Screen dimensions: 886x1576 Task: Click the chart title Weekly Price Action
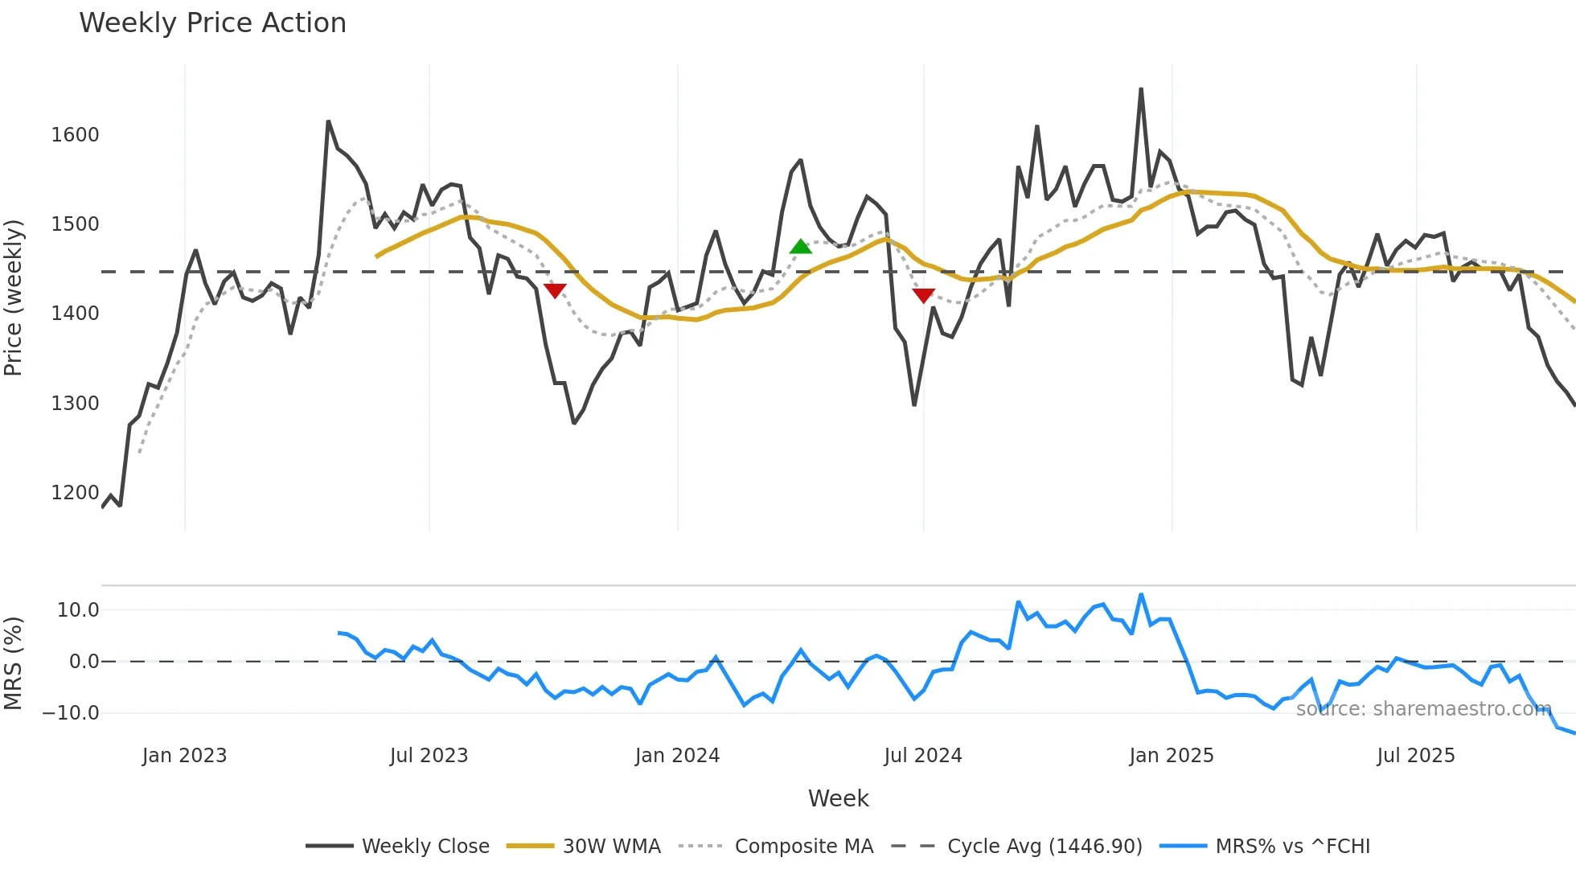pos(212,23)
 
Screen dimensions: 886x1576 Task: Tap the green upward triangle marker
pos(800,247)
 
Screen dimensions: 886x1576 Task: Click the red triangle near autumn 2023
pos(555,290)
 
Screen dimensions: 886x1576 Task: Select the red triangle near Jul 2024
pos(924,295)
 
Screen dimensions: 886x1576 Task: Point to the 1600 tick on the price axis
pos(75,134)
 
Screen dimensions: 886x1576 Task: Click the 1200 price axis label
pos(75,492)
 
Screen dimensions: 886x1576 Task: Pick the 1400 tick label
pos(75,314)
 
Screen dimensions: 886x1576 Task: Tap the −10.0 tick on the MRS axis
pos(71,712)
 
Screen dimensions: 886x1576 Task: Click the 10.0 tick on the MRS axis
pos(77,609)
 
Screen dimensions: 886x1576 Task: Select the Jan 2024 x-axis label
pos(677,756)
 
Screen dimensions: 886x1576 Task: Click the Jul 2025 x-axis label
pos(1415,756)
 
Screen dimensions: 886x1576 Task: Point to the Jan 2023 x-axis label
pos(184,756)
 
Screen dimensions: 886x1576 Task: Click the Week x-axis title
pos(838,798)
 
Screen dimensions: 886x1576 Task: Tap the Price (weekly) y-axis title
pos(14,297)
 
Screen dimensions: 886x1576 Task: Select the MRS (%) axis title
pos(14,662)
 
